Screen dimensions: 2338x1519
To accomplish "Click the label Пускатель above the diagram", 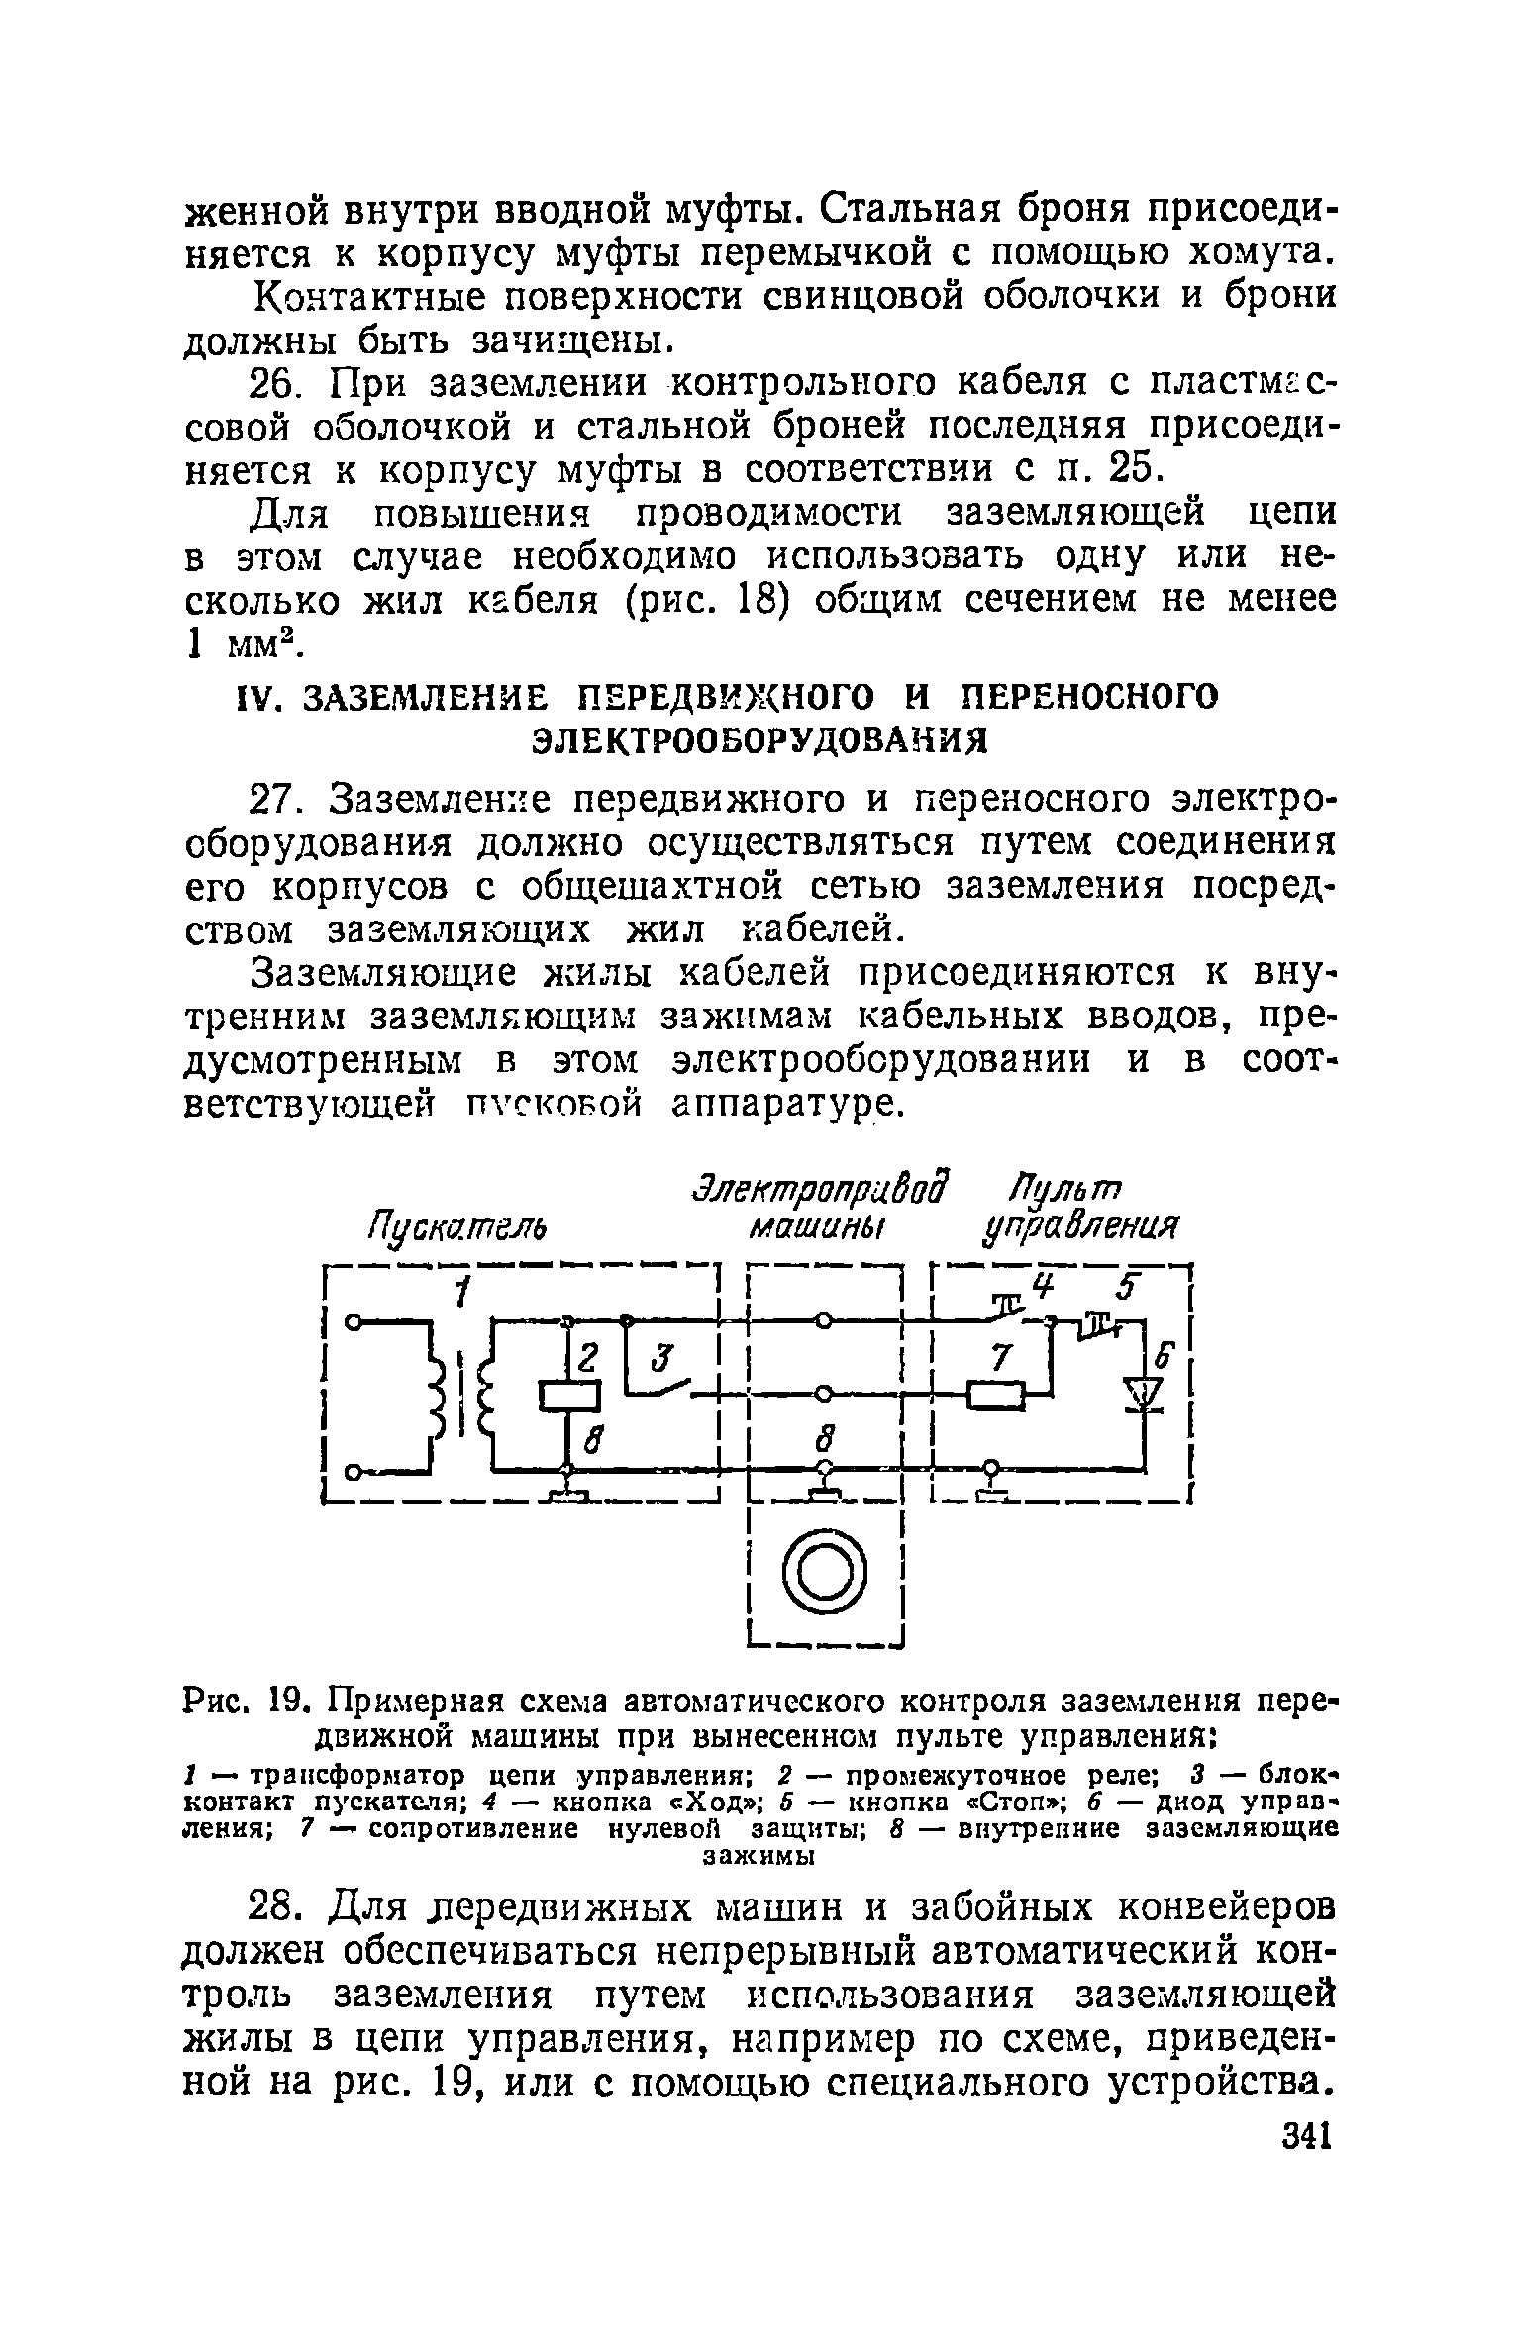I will (x=457, y=1230).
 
